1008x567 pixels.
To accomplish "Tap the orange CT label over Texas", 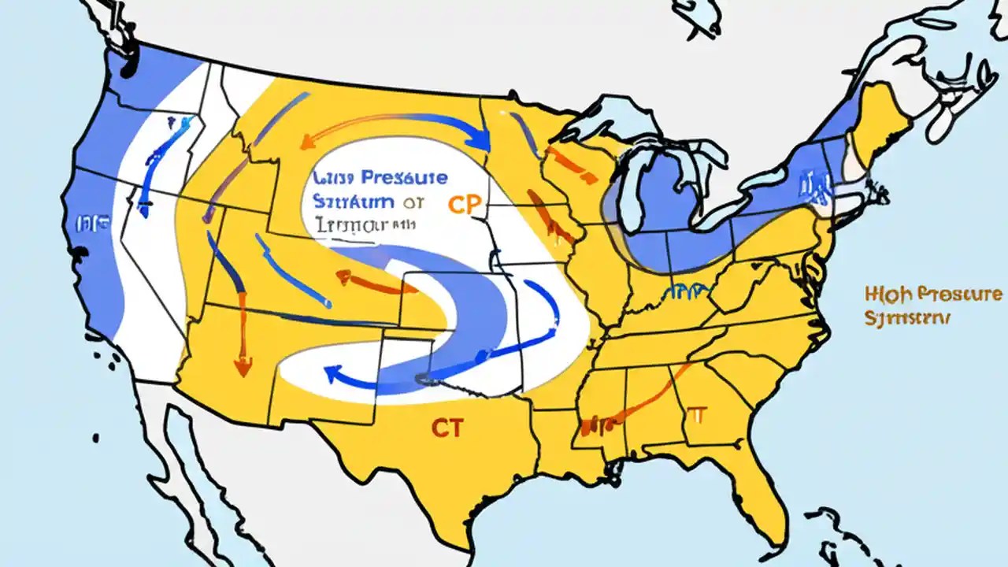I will coord(447,428).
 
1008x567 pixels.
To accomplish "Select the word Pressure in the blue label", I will coord(402,178).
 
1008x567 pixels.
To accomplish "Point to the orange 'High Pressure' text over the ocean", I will coord(933,295).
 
